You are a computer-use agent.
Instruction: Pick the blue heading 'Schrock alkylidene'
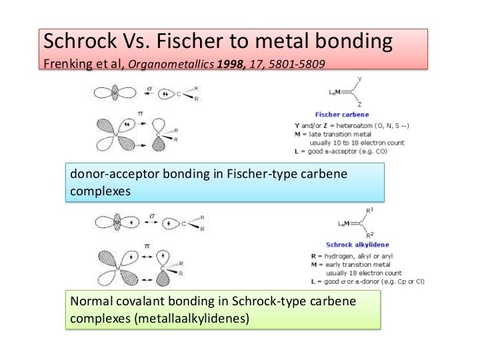(357, 245)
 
